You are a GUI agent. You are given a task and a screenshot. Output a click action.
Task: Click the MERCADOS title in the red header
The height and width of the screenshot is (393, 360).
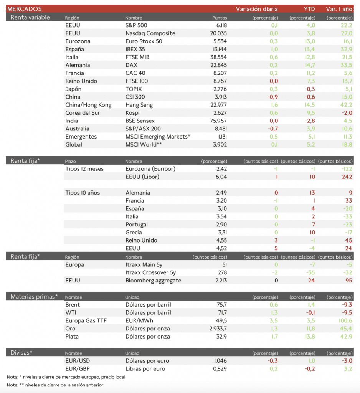(x=25, y=9)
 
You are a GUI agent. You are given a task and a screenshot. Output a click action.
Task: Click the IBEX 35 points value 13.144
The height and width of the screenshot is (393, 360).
(x=219, y=49)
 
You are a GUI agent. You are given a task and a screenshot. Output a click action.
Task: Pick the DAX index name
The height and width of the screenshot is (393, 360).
(x=132, y=65)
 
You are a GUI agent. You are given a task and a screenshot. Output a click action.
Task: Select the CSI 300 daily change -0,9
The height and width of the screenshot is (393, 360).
(x=272, y=97)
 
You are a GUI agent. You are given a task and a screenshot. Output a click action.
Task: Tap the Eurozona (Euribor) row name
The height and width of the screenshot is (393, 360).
(x=150, y=169)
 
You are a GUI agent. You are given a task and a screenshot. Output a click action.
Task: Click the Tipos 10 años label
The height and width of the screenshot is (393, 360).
(x=83, y=193)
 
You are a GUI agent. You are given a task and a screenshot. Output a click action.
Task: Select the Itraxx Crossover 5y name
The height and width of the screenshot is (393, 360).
(x=151, y=272)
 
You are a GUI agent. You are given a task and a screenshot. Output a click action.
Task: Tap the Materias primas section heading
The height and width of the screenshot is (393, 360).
(x=34, y=296)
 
